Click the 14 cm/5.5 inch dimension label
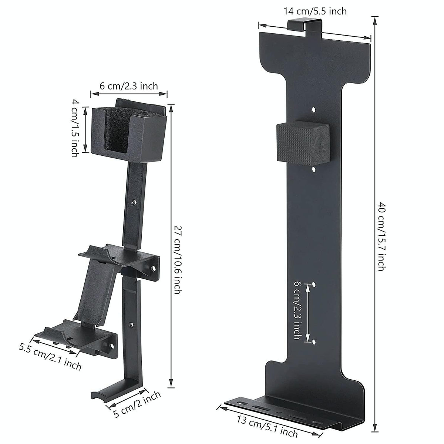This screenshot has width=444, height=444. pyautogui.click(x=315, y=11)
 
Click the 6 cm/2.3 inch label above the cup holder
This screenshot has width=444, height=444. pyautogui.click(x=129, y=86)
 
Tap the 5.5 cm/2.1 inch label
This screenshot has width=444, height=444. pyautogui.click(x=50, y=357)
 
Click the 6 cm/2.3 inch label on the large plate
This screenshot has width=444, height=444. pyautogui.click(x=297, y=310)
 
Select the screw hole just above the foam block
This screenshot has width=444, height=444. pyautogui.click(x=313, y=110)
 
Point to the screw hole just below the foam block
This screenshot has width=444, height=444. pyautogui.click(x=314, y=169)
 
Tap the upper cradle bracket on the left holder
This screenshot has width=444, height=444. pyautogui.click(x=118, y=259)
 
